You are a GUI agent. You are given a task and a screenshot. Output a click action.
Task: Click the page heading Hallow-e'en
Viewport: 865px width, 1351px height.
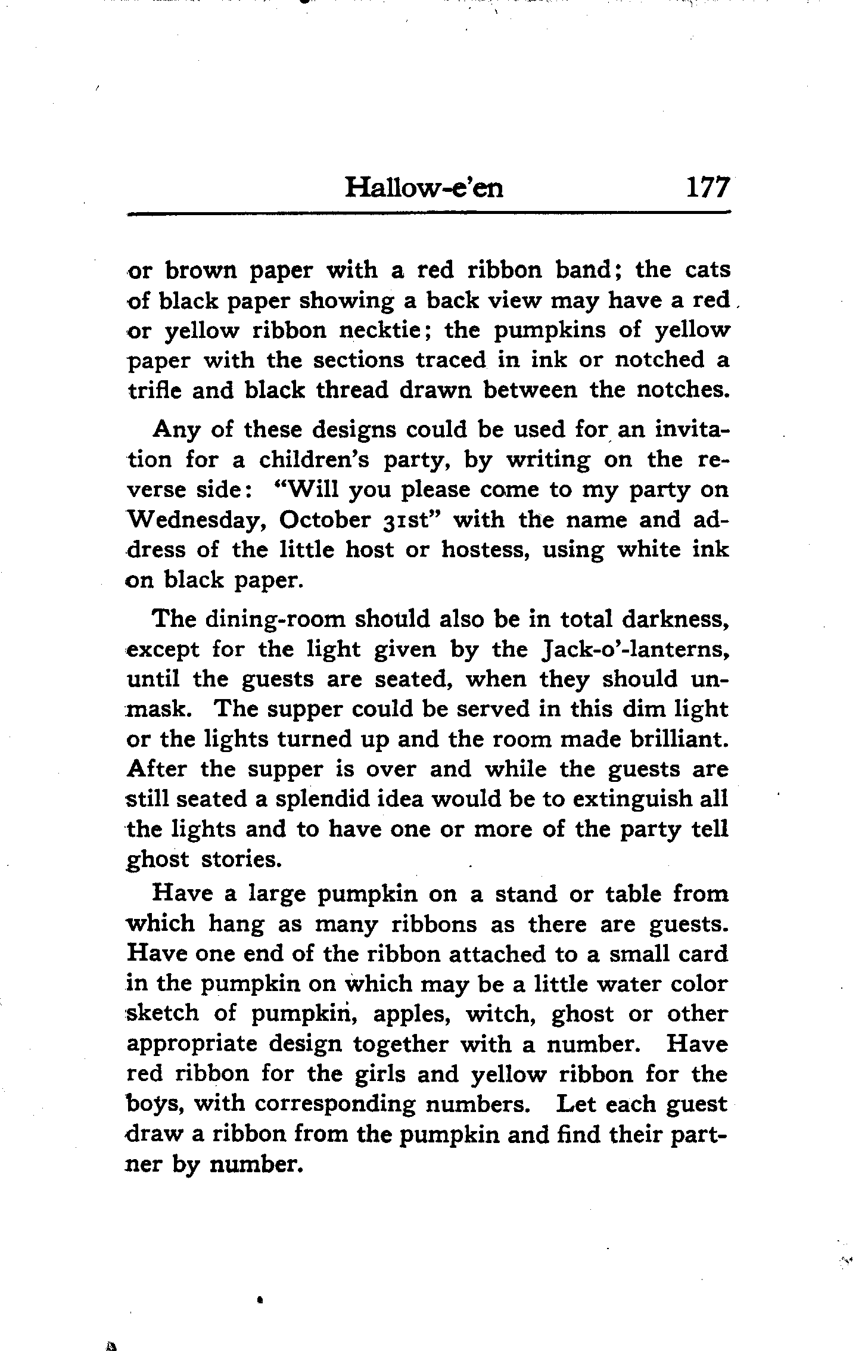(424, 188)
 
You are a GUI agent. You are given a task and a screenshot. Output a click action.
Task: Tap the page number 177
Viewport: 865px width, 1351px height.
(707, 188)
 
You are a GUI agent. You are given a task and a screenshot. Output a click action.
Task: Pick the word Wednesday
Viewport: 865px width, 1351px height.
(196, 520)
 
